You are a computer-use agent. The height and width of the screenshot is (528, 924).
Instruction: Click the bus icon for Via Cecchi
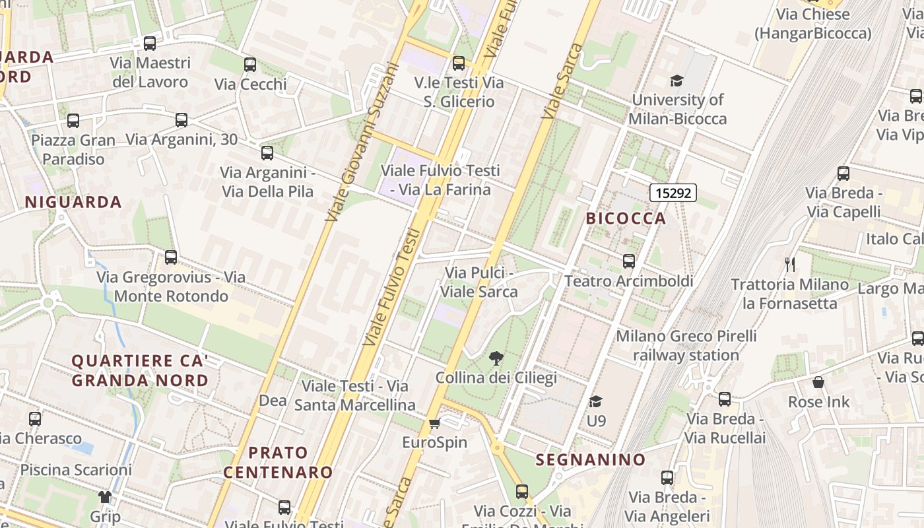click(x=250, y=65)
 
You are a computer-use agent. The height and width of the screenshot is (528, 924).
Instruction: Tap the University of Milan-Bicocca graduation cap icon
click(x=676, y=81)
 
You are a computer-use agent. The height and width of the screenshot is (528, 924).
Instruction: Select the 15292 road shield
click(x=673, y=193)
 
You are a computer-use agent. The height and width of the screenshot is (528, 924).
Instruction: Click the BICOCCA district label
click(x=626, y=218)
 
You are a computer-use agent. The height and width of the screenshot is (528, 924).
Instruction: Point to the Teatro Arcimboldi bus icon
click(x=629, y=261)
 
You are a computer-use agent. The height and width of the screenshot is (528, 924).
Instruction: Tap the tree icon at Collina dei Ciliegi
click(x=496, y=358)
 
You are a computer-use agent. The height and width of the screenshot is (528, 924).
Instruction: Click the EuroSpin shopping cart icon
click(x=434, y=423)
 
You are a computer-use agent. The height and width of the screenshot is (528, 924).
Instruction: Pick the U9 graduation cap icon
click(x=595, y=401)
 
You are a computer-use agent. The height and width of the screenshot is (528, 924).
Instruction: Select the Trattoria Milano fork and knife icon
click(x=790, y=265)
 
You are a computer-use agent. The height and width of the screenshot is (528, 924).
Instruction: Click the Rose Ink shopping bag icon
click(x=818, y=382)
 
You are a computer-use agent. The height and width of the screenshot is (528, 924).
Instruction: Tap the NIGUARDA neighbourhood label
click(x=73, y=203)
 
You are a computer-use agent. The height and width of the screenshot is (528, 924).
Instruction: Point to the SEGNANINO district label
click(x=590, y=460)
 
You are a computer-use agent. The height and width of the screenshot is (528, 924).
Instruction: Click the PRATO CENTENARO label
click(x=278, y=462)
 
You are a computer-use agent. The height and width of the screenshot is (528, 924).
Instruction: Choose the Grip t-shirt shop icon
click(x=105, y=497)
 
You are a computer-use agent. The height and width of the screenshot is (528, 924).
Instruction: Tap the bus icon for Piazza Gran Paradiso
click(x=73, y=121)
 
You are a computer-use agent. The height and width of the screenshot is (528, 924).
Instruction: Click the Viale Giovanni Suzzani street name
click(x=364, y=142)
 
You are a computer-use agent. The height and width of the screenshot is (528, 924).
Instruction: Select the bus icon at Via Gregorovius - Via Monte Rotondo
click(x=171, y=257)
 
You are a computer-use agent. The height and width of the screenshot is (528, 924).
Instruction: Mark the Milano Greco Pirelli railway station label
click(x=686, y=345)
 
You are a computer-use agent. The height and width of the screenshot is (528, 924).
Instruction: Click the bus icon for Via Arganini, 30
click(x=181, y=120)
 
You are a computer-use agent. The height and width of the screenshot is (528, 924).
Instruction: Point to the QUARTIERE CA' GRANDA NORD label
click(x=140, y=371)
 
